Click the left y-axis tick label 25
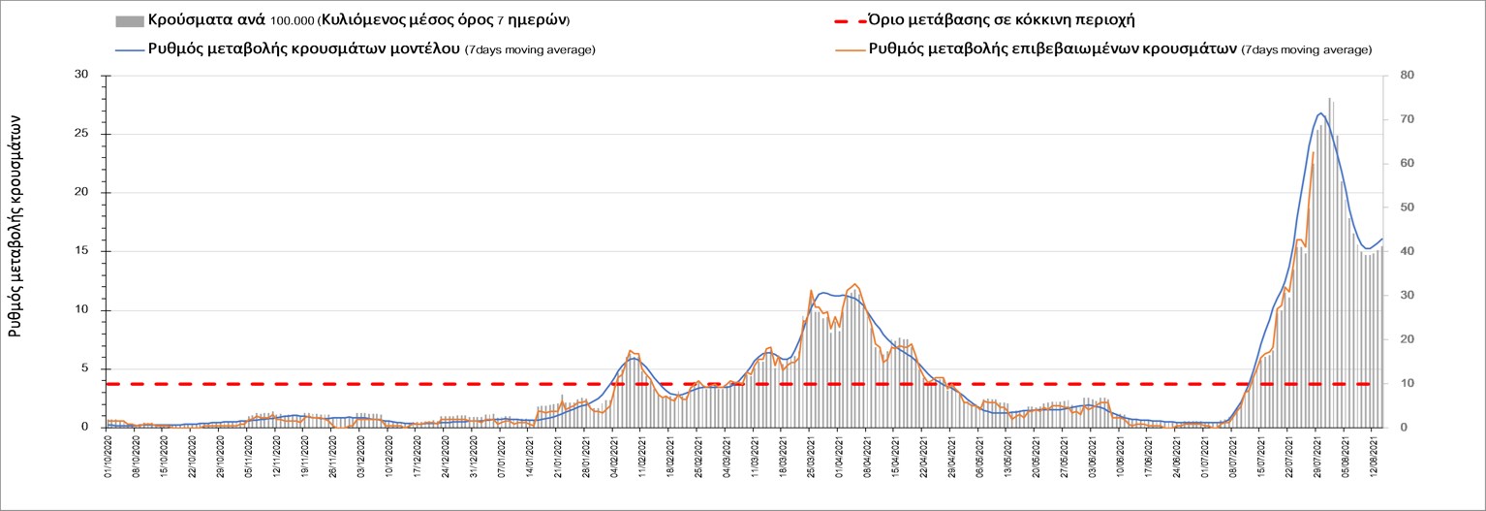(x=81, y=134)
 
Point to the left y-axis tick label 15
(x=81, y=251)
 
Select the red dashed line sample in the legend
(x=848, y=20)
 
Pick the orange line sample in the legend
(x=848, y=49)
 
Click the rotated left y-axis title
(x=16, y=223)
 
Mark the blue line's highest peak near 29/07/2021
(x=1321, y=113)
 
